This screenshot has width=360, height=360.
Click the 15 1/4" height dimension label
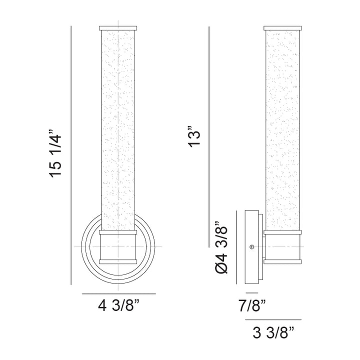(x=55, y=153)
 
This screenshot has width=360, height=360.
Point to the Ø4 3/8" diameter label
(x=221, y=247)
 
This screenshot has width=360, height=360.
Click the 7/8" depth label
(x=252, y=305)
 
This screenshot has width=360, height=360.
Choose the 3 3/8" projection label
(x=273, y=332)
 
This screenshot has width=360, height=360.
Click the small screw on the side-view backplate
(x=252, y=247)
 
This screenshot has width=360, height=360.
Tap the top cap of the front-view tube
(x=118, y=28)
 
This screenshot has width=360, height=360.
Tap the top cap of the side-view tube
(x=282, y=28)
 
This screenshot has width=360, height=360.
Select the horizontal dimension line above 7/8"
(x=252, y=292)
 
